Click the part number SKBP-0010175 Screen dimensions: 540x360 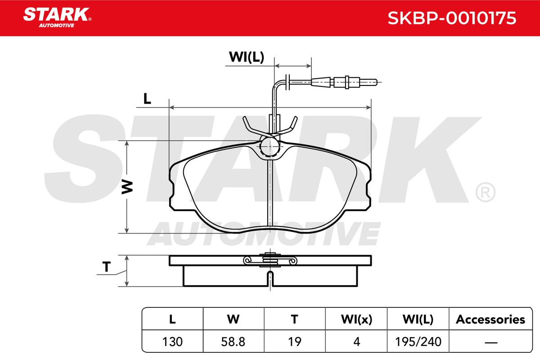[x=452, y=18]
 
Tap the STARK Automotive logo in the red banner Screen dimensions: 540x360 [x=57, y=18]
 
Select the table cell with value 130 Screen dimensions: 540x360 [x=172, y=342]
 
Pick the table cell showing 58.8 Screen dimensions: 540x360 [x=233, y=342]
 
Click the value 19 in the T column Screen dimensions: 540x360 [x=295, y=342]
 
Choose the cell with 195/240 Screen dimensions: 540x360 [x=418, y=342]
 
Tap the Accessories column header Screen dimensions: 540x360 [x=490, y=319]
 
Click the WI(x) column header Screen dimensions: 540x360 [x=356, y=319]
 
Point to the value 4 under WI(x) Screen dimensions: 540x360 [x=356, y=342]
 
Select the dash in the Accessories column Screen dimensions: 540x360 [x=491, y=342]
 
